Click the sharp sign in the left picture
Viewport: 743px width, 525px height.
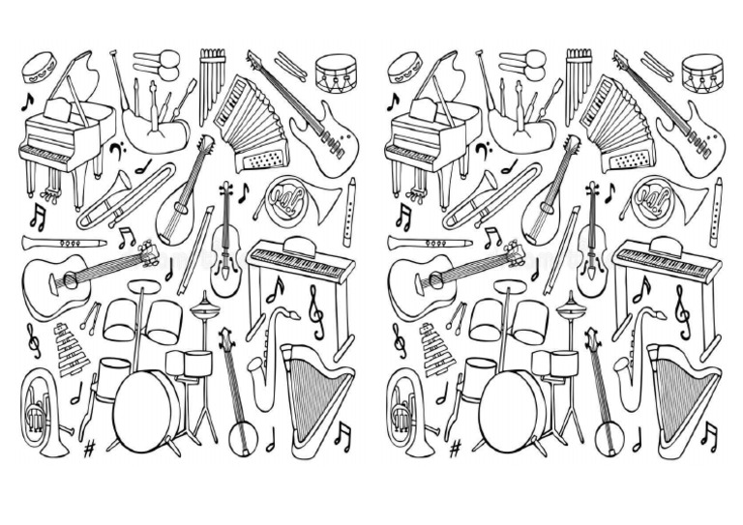coord(90,448)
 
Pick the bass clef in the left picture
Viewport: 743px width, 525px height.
coord(117,151)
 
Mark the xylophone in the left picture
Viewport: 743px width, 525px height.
coord(71,353)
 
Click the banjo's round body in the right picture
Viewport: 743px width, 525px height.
coord(607,436)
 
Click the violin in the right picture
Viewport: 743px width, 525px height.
coord(592,242)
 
